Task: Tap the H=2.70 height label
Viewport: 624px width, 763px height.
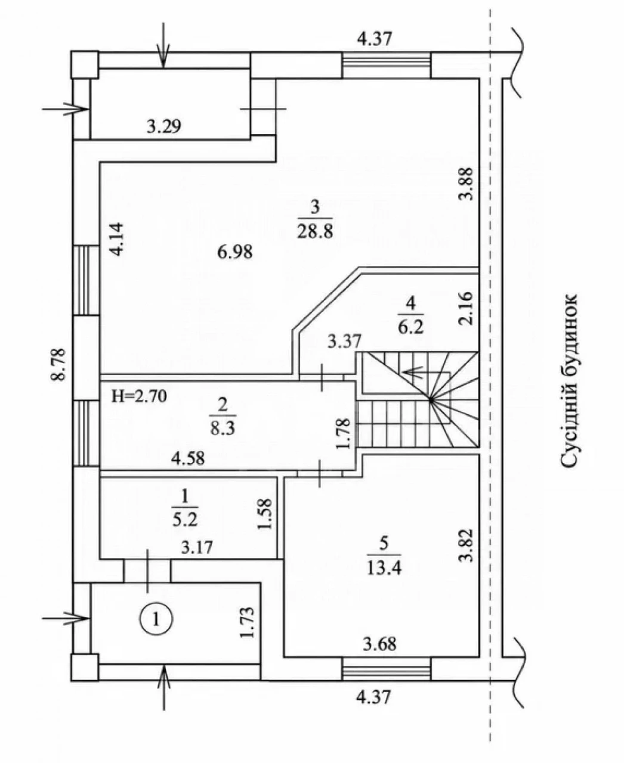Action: pyautogui.click(x=139, y=397)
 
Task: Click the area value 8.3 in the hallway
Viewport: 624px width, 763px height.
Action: pyautogui.click(x=223, y=429)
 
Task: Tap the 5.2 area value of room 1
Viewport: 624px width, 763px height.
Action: pyautogui.click(x=185, y=520)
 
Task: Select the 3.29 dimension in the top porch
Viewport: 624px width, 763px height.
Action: pyautogui.click(x=163, y=126)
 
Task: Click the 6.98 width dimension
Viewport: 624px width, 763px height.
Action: pyautogui.click(x=235, y=252)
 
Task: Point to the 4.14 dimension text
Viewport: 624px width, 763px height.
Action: pyautogui.click(x=117, y=239)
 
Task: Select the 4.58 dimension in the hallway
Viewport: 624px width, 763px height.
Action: pyautogui.click(x=188, y=458)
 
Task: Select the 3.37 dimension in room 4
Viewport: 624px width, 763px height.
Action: pyautogui.click(x=344, y=341)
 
